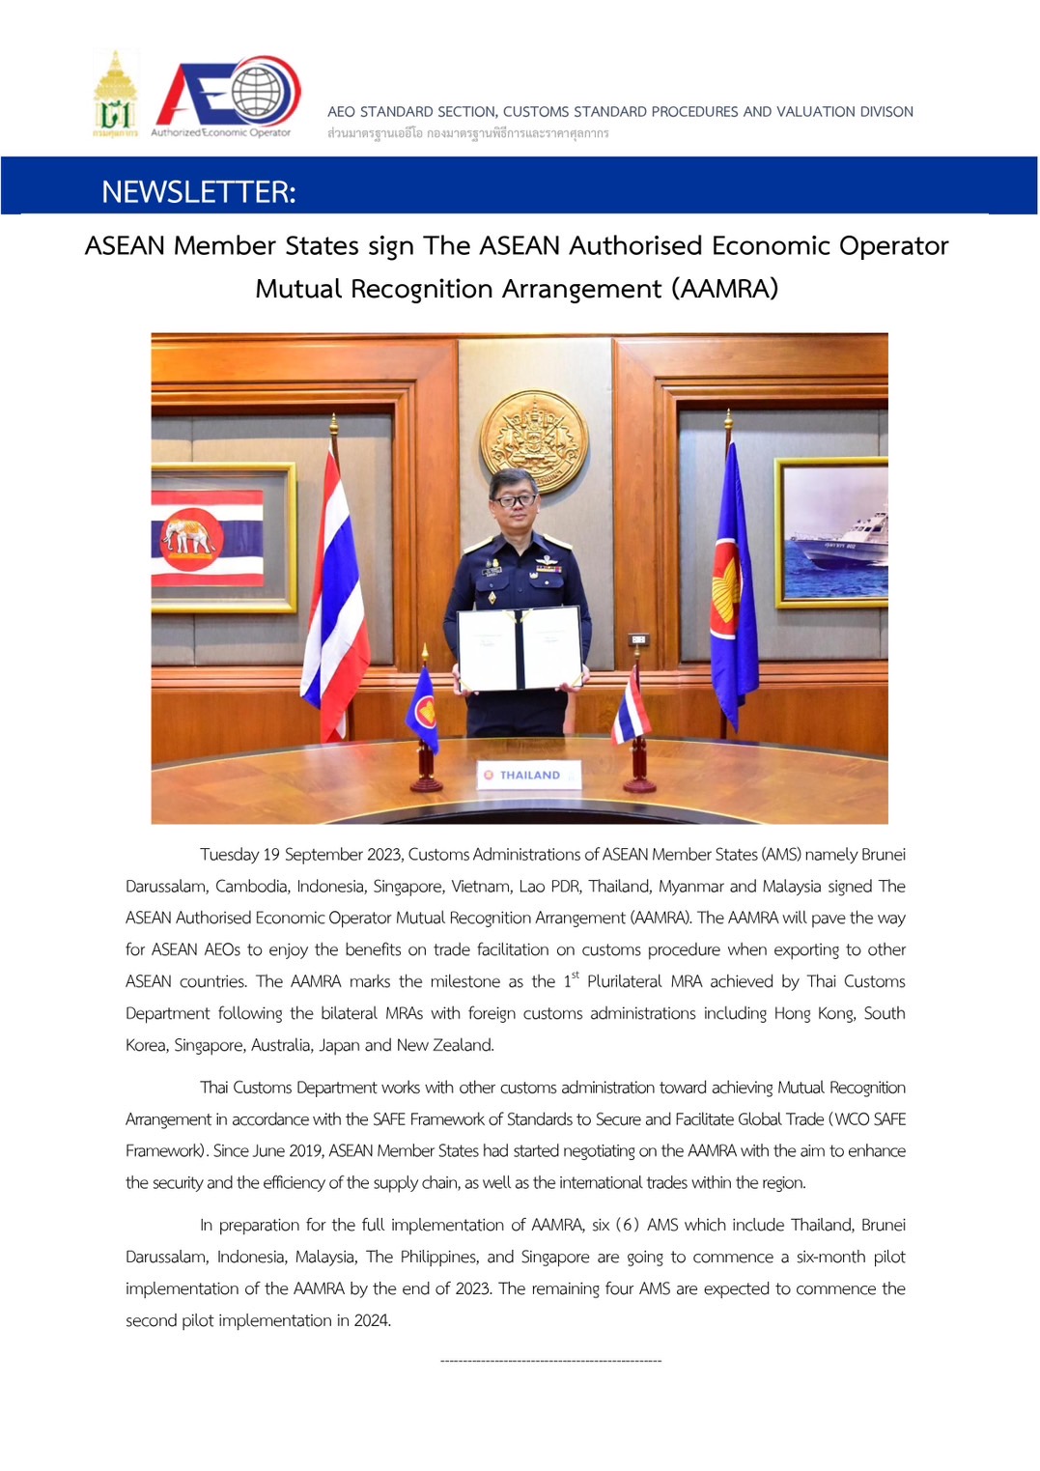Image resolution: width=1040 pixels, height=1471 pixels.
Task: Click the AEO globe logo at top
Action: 228,95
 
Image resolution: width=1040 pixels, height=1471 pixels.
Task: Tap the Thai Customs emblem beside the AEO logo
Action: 115,95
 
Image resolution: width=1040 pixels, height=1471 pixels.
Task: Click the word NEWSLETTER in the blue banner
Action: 198,192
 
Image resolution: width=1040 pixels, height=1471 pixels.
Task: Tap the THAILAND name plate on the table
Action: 529,775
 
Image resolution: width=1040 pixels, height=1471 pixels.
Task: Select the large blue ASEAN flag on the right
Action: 732,580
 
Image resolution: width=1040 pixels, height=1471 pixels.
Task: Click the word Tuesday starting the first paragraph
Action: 229,855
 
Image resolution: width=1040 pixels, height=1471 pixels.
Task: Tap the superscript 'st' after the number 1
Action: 576,976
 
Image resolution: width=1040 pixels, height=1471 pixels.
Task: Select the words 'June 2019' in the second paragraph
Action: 286,1151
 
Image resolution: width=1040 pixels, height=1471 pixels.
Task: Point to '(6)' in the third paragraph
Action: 628,1225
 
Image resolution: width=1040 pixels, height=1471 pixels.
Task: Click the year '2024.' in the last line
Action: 372,1320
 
